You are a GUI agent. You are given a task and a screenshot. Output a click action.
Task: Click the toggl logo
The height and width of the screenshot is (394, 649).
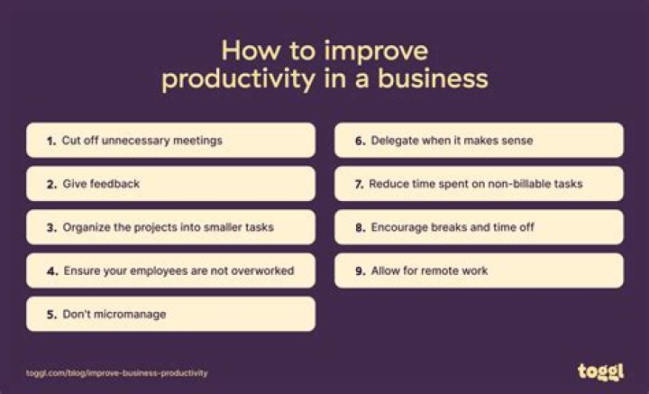click(x=600, y=371)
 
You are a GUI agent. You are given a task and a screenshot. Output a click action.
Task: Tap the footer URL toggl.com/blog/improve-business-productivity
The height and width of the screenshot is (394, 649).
click(x=117, y=372)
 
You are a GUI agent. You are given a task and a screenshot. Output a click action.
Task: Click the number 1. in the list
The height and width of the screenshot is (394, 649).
click(x=51, y=141)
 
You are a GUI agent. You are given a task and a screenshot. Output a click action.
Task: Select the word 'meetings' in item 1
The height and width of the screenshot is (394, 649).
click(x=197, y=141)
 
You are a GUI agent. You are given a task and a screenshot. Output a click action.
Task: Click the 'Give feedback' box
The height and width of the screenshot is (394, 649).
click(x=171, y=184)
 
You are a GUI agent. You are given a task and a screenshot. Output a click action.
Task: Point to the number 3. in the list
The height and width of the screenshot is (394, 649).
click(x=51, y=227)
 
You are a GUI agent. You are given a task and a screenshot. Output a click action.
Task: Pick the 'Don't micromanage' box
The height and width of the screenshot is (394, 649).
click(x=171, y=314)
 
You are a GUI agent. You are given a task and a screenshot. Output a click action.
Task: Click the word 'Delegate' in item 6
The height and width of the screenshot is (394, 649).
click(x=394, y=141)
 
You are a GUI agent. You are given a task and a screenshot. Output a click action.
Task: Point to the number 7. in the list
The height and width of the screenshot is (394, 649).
click(x=359, y=184)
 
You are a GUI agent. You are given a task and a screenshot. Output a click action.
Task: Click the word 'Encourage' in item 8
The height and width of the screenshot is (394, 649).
click(x=399, y=227)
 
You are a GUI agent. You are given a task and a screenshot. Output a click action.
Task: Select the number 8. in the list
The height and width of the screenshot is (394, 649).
click(x=361, y=227)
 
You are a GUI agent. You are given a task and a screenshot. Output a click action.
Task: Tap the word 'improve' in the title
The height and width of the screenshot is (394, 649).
click(x=378, y=49)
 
